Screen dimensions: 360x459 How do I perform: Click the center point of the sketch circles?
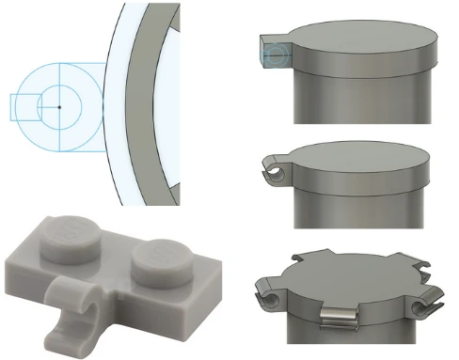58,106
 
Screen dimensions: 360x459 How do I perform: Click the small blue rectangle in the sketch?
24,106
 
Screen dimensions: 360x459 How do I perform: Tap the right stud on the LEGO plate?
153,258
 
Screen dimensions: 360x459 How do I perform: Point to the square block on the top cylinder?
273,55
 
